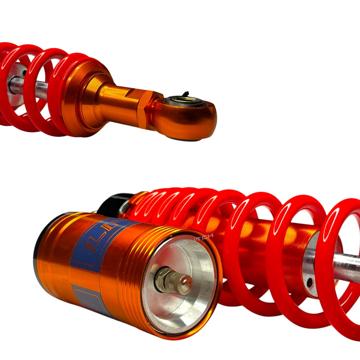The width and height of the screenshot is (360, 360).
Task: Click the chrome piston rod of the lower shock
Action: pyautogui.click(x=347, y=267)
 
